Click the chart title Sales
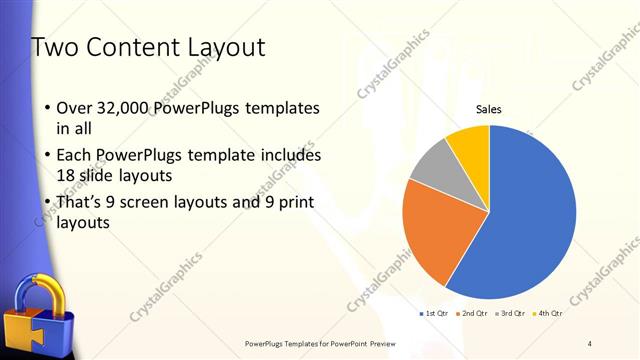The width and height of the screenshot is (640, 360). [x=488, y=110]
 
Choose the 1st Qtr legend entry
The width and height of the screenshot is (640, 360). [x=434, y=314]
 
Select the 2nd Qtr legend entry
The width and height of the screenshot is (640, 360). [x=473, y=314]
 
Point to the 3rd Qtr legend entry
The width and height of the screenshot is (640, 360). [x=510, y=314]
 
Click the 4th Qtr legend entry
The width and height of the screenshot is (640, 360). [x=548, y=314]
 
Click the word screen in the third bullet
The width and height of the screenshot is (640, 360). [x=153, y=202]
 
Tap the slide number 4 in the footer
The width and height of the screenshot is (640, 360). [x=590, y=343]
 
